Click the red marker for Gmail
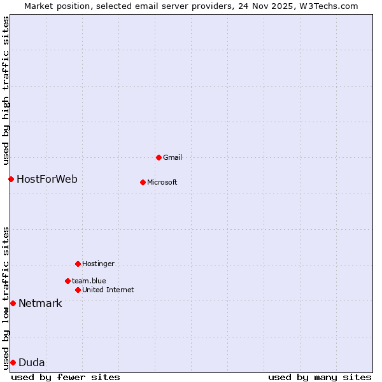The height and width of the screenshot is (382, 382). pyautogui.click(x=159, y=157)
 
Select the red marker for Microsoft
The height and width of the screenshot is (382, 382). pyautogui.click(x=143, y=182)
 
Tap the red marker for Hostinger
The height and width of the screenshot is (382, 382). pyautogui.click(x=78, y=264)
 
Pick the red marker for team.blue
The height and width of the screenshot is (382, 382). pyautogui.click(x=67, y=281)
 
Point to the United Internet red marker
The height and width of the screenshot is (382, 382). pyautogui.click(x=78, y=290)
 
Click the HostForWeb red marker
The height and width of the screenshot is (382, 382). pyautogui.click(x=11, y=179)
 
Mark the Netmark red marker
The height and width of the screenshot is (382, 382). pyautogui.click(x=13, y=303)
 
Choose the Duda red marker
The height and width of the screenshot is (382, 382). pyautogui.click(x=13, y=362)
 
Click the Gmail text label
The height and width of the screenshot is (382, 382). pyautogui.click(x=173, y=157)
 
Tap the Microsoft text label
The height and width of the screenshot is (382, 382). pyautogui.click(x=162, y=182)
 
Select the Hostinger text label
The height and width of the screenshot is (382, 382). pyautogui.click(x=98, y=264)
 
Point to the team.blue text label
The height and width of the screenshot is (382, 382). pyautogui.click(x=89, y=281)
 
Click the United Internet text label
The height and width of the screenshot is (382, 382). pyautogui.click(x=108, y=290)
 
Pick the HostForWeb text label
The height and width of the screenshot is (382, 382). pyautogui.click(x=47, y=179)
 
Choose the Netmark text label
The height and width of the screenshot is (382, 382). pyautogui.click(x=40, y=303)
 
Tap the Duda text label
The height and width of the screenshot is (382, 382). pyautogui.click(x=32, y=362)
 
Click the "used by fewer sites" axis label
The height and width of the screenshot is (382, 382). pyautogui.click(x=66, y=377)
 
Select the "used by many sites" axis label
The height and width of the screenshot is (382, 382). pyautogui.click(x=320, y=377)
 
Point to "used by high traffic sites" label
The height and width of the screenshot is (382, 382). pyautogui.click(x=6, y=88)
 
